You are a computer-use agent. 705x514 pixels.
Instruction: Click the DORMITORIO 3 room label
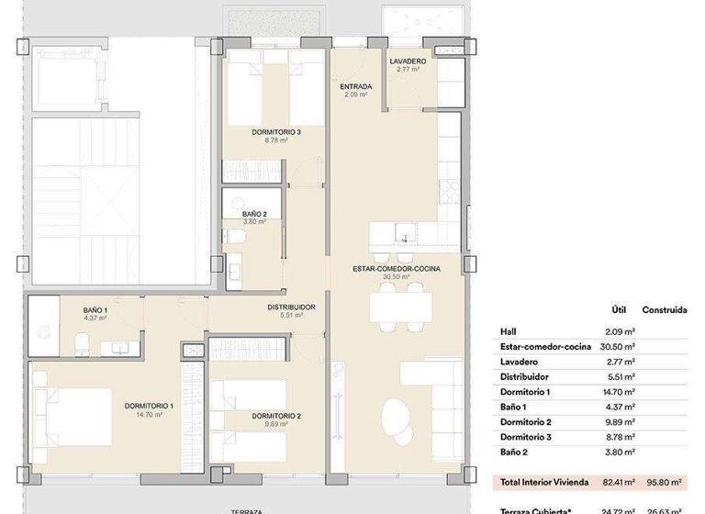pos(276,132)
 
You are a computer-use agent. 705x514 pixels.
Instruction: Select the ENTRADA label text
pos(355,88)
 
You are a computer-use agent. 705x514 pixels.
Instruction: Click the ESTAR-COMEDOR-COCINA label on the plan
pos(397,269)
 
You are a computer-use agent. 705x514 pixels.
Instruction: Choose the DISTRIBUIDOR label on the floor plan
pos(292,307)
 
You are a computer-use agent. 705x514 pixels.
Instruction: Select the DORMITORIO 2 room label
pos(252,416)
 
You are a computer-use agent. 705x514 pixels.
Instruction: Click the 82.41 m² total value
pos(619,481)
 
